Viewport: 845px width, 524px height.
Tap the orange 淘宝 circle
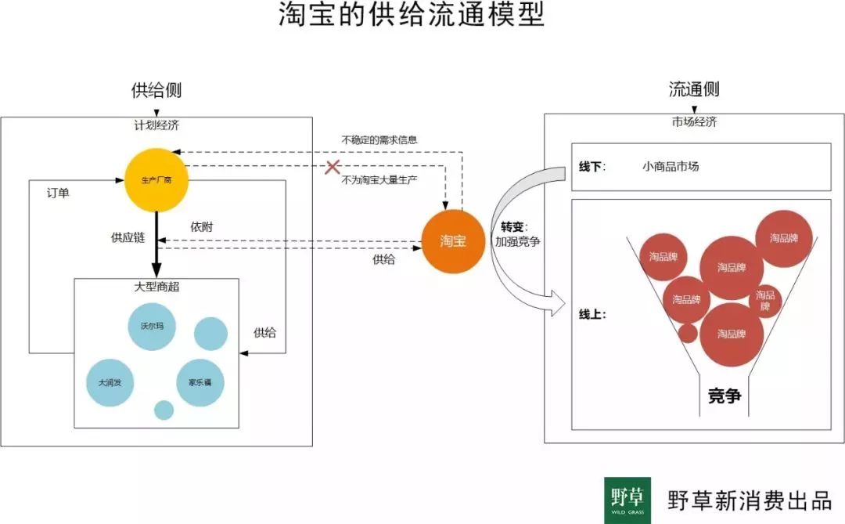point(453,242)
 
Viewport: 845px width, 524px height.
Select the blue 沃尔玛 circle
point(151,326)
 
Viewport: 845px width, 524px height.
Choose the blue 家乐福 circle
point(201,383)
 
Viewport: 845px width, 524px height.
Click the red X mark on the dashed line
point(333,167)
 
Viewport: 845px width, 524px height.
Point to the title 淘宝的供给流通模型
point(412,16)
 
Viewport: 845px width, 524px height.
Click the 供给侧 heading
point(156,90)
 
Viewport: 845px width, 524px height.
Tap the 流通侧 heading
point(693,89)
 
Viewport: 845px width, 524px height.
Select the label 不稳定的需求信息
point(379,140)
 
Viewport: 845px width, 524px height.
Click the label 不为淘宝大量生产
point(379,180)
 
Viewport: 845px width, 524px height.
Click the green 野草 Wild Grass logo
point(627,500)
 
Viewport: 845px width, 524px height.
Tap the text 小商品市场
point(671,167)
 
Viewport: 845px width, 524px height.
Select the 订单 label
point(58,193)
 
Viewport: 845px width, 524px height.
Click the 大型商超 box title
point(156,287)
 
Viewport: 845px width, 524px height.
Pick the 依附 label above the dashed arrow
point(201,226)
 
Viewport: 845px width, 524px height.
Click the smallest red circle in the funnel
point(687,334)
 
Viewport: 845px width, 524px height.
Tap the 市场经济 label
point(693,122)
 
